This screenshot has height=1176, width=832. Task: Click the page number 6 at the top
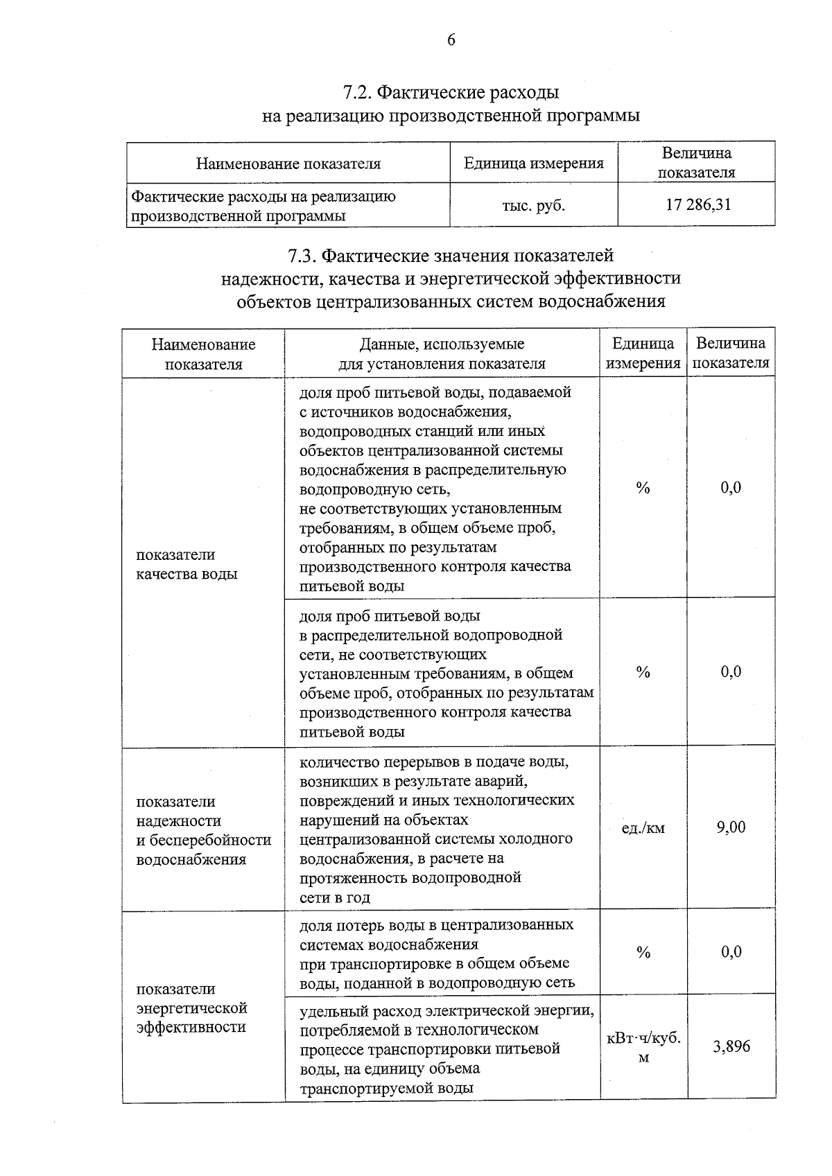click(451, 40)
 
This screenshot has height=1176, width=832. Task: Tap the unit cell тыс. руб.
click(533, 205)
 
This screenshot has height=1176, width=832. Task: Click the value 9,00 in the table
click(731, 827)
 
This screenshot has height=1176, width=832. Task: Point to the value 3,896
click(731, 1046)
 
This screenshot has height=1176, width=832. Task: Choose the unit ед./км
click(643, 827)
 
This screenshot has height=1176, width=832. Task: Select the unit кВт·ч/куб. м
click(643, 1047)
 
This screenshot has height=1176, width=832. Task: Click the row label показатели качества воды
click(187, 564)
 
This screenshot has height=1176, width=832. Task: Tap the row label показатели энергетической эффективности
click(191, 1008)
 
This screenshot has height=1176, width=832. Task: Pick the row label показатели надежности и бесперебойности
click(203, 830)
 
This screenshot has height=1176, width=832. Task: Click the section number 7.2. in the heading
click(360, 92)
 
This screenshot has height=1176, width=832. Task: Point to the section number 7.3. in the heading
click(303, 256)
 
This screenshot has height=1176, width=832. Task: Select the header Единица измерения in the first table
click(533, 164)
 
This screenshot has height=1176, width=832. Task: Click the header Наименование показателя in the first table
click(288, 164)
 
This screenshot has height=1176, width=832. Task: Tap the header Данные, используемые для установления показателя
click(442, 353)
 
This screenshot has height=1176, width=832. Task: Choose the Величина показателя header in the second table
click(731, 353)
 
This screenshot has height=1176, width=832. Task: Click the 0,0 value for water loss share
click(731, 952)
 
